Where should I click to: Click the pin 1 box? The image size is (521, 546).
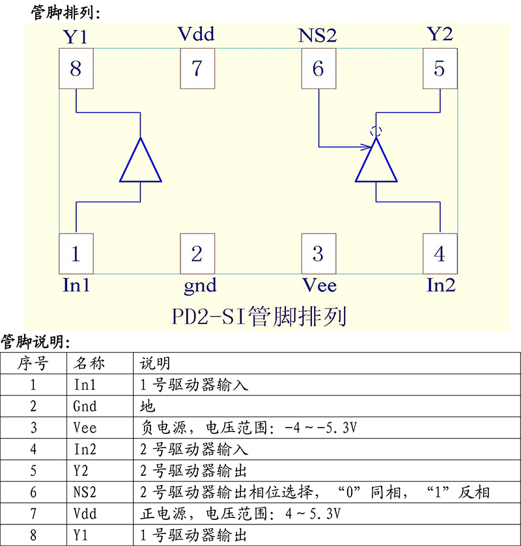point(76,253)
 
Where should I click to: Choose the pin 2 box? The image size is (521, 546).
point(197,253)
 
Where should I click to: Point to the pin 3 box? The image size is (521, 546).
point(318,253)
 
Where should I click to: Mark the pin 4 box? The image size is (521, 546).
point(440,253)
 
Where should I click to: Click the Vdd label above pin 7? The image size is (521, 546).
point(196,34)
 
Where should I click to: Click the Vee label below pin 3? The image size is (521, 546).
point(319,285)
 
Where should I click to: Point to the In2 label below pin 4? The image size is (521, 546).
point(441,285)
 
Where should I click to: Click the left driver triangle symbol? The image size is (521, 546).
point(141,163)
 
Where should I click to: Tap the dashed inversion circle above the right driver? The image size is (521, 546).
point(375,131)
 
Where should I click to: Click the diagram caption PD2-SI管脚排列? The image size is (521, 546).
point(259,317)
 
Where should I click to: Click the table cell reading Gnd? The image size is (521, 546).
point(85,406)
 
